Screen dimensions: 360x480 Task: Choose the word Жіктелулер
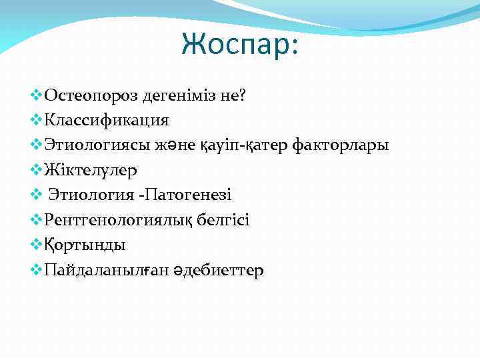90,170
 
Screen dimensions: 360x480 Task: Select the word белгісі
225,220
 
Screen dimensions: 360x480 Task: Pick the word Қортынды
85,245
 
